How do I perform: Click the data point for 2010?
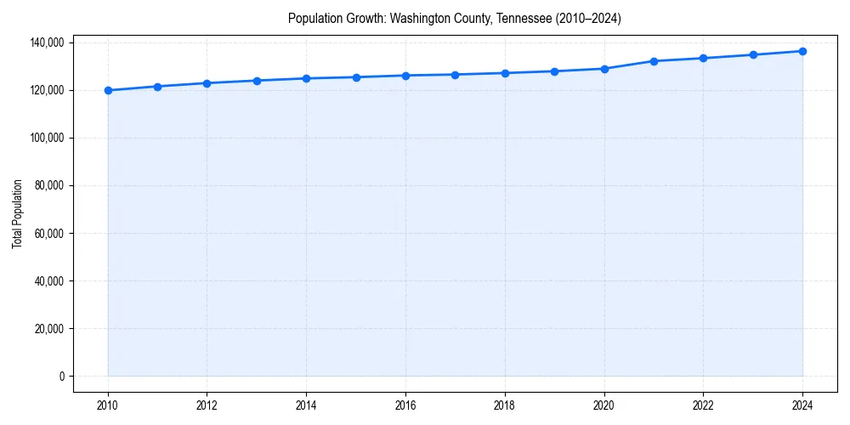click(108, 90)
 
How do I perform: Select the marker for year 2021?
click(654, 61)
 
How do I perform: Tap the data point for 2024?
click(802, 51)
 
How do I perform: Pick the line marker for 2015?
click(356, 77)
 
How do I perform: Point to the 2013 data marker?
click(257, 81)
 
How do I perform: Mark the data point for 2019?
click(554, 71)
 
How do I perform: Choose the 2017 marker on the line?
click(455, 75)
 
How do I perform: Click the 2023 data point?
click(753, 54)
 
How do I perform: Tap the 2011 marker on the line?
click(157, 86)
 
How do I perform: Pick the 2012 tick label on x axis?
click(207, 405)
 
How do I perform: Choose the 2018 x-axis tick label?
click(505, 405)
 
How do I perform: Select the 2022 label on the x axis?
click(703, 405)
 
